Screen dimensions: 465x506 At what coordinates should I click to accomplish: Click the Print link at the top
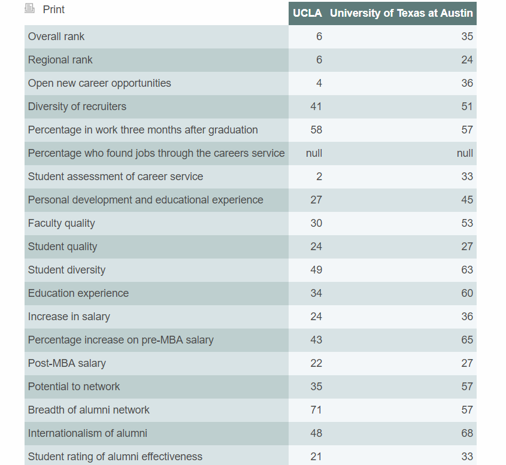(53, 10)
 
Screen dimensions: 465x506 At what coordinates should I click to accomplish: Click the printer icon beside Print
(30, 9)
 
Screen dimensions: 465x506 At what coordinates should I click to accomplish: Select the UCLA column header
(307, 13)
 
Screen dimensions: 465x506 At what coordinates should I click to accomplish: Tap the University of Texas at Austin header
(401, 13)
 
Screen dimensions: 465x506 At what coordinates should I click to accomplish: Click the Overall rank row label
(56, 37)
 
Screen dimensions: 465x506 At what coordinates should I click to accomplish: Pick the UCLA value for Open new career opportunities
(319, 83)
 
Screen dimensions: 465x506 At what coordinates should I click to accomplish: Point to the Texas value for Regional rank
(466, 60)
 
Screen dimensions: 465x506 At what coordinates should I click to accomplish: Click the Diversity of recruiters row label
(77, 107)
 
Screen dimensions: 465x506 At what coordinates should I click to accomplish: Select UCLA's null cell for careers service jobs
(314, 153)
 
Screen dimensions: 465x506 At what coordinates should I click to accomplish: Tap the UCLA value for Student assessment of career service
(319, 177)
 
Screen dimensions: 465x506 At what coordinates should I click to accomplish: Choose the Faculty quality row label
(62, 223)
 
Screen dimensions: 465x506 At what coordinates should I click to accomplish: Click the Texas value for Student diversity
(466, 270)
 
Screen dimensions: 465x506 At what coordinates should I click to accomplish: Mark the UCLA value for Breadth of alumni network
(316, 410)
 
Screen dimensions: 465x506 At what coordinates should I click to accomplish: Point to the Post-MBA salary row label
(67, 363)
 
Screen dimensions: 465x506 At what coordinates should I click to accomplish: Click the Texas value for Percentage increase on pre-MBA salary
(466, 340)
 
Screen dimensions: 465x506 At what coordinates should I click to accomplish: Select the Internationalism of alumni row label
(87, 433)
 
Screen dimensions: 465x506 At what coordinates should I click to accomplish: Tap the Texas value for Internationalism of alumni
(466, 433)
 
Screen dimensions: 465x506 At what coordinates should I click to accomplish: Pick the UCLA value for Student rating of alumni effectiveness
(316, 457)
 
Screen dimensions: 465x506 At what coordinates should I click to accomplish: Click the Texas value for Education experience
(466, 293)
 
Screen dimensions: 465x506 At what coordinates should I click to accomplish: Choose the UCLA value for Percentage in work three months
(316, 130)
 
